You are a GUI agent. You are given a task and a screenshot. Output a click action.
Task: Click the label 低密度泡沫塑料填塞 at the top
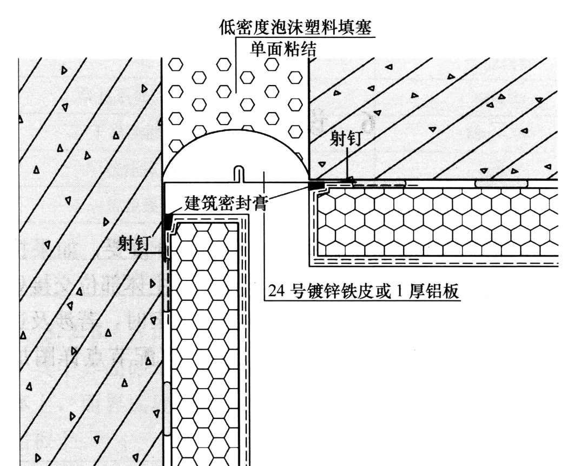pyautogui.click(x=295, y=28)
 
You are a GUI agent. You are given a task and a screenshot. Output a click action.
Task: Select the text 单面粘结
pyautogui.click(x=283, y=49)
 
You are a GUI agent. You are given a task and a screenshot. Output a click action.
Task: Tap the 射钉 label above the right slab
pyautogui.click(x=345, y=138)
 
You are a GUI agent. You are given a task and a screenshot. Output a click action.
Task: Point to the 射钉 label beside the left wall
pyautogui.click(x=134, y=243)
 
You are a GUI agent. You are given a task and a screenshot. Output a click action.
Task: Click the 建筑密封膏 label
pyautogui.click(x=226, y=202)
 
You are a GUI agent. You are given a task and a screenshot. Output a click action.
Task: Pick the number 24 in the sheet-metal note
pyautogui.click(x=276, y=291)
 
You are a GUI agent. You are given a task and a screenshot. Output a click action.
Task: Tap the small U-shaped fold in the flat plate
pyautogui.click(x=239, y=174)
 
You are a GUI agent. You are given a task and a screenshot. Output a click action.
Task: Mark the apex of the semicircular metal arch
pyautogui.click(x=236, y=129)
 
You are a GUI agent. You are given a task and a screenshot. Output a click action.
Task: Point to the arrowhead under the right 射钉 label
pyautogui.click(x=348, y=181)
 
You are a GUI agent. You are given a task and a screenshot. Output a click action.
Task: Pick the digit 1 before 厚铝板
pyautogui.click(x=400, y=291)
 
